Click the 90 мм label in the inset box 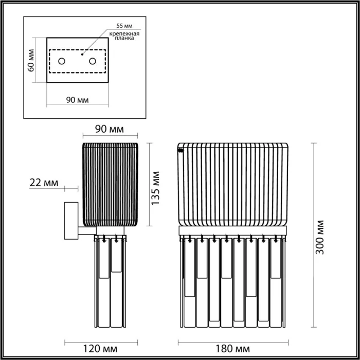[x=78, y=100]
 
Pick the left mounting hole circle [x=62, y=61]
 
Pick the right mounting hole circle [x=93, y=61]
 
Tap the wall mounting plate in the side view [x=69, y=221]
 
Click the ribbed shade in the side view [x=110, y=184]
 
